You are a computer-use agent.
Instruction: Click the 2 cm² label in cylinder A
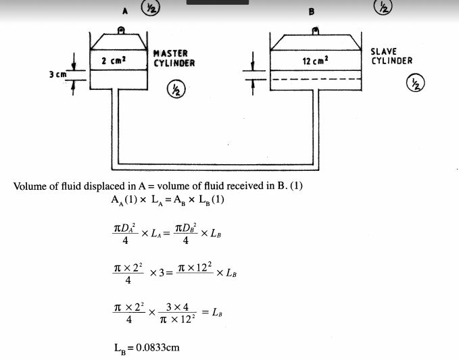click(x=114, y=61)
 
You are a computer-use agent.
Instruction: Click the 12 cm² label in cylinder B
click(x=316, y=61)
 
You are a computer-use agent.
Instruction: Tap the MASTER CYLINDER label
click(x=174, y=58)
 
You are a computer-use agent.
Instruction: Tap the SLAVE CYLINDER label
click(x=391, y=56)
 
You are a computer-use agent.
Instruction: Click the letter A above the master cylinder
click(x=125, y=10)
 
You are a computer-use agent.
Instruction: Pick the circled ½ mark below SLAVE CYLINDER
click(x=413, y=84)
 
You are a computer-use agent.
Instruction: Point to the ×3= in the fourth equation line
click(x=161, y=272)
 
